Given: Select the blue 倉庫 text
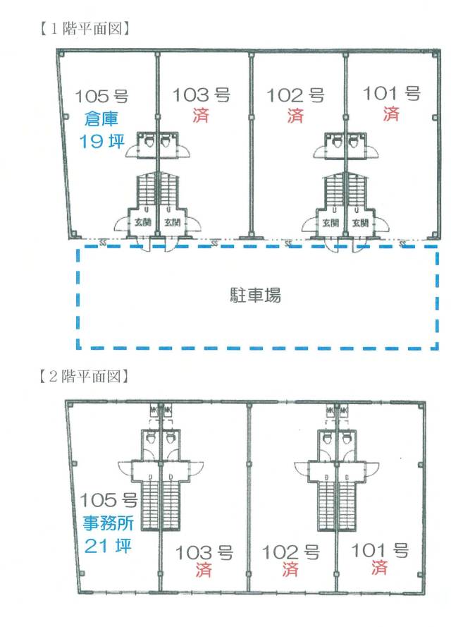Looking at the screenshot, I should click(104, 118).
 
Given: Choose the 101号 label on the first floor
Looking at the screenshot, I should click(390, 93).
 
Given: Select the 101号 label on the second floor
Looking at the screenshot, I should click(380, 550).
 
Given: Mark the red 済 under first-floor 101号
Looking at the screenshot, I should click(390, 114).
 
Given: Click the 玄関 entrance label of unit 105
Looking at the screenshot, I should click(142, 222).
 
